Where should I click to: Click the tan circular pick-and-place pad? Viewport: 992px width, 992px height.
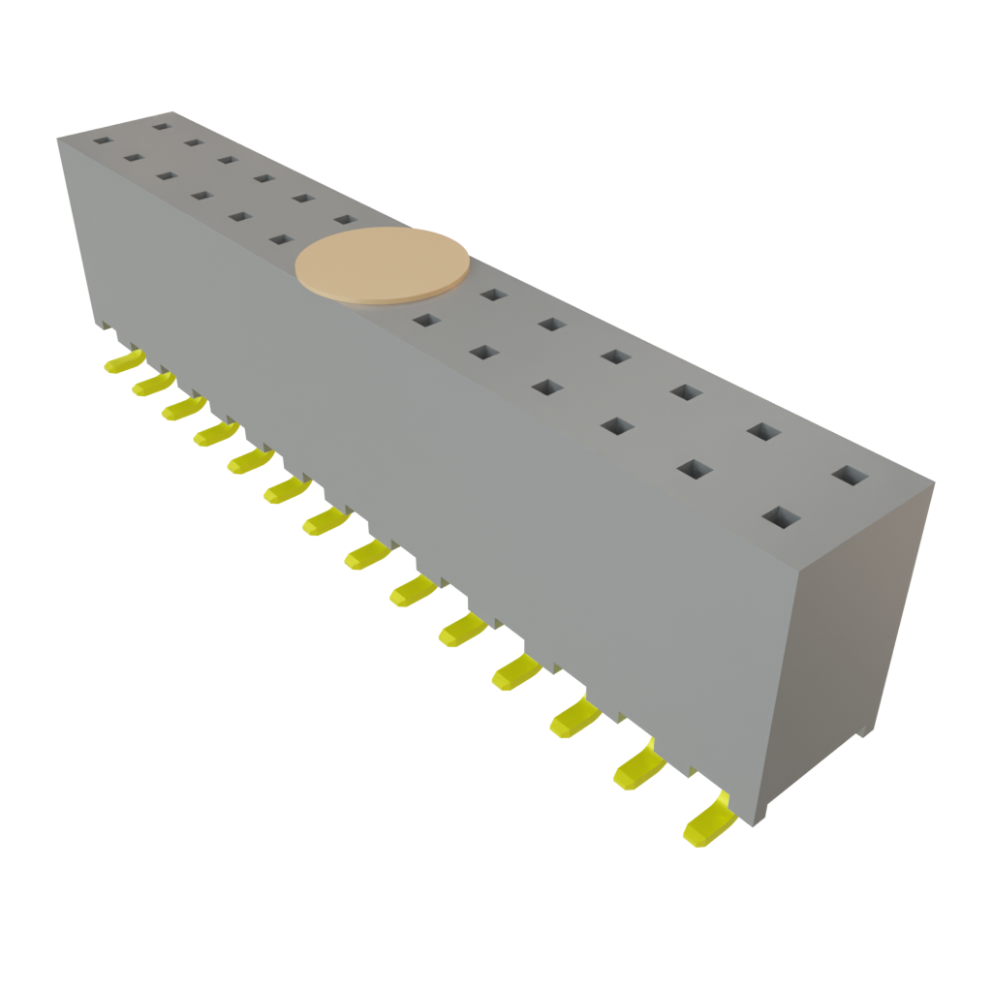tap(383, 265)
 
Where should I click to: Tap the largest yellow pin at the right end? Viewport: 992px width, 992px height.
tap(709, 822)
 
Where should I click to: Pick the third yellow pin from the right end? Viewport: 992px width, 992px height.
tap(577, 717)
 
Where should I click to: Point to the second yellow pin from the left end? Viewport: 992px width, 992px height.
tap(152, 385)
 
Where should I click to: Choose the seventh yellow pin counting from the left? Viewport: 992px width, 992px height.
tap(326, 523)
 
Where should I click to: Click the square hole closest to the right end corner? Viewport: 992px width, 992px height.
tap(851, 476)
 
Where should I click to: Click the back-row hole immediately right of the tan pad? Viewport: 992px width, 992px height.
tap(492, 294)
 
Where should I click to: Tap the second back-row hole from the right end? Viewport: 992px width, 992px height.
tap(763, 431)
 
